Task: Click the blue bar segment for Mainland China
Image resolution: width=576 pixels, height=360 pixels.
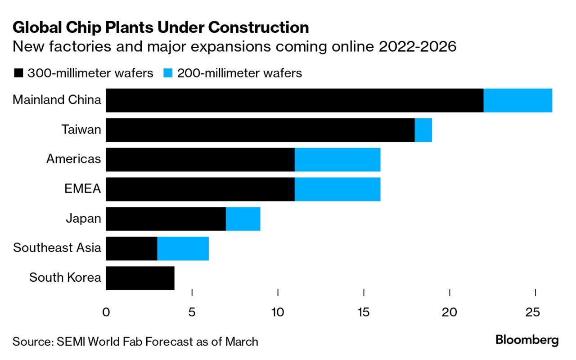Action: [517, 100]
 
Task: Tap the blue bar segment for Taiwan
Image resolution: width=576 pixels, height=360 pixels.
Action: [423, 130]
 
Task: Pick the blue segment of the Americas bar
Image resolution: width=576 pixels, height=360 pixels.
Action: [337, 160]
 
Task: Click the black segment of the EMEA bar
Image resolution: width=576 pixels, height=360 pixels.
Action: [200, 189]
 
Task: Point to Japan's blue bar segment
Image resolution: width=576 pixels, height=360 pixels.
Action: [243, 219]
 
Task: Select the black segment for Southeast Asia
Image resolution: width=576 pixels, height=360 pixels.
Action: [131, 248]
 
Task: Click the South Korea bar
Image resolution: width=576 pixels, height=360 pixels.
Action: [140, 278]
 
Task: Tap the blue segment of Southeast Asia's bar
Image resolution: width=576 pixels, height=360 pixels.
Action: [183, 248]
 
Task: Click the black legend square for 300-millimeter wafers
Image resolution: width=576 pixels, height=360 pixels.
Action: [18, 73]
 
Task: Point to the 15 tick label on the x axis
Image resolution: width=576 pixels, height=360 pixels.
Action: [364, 312]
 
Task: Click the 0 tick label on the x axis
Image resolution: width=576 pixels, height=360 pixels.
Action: [106, 312]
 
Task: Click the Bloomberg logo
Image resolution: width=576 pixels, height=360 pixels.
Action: [527, 340]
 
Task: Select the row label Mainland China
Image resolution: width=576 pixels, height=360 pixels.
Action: [57, 99]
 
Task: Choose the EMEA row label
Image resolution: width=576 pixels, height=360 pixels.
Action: [83, 189]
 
